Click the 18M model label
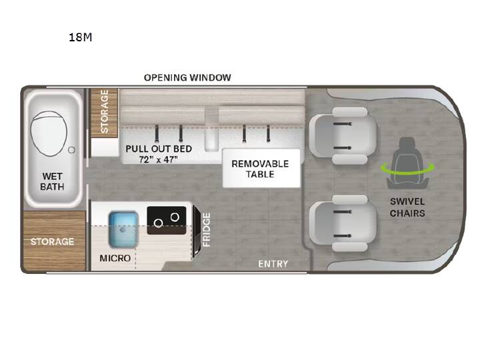[x=80, y=37]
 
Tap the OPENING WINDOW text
[x=187, y=77]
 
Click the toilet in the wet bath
[x=49, y=133]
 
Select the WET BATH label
[x=53, y=181]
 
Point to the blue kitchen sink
[x=123, y=229]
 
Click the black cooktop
[x=167, y=221]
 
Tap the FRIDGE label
[x=207, y=230]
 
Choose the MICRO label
[x=115, y=258]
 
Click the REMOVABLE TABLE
[x=261, y=168]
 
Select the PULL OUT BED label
[x=159, y=149]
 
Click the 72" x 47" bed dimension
[x=158, y=159]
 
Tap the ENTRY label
[x=273, y=264]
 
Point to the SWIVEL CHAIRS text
[x=407, y=207]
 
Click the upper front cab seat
[x=343, y=135]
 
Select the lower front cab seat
[x=343, y=223]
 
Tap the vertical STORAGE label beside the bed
[x=105, y=111]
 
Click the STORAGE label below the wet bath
[x=53, y=241]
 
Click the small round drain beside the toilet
[x=71, y=150]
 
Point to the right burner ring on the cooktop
[x=175, y=217]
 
